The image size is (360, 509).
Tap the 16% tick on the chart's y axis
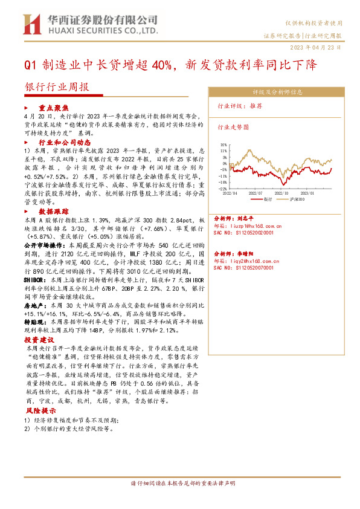223,145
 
